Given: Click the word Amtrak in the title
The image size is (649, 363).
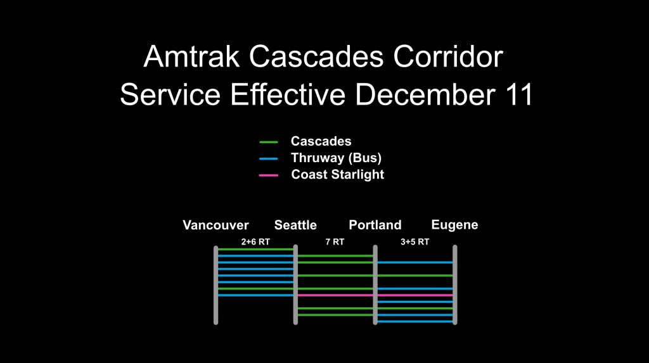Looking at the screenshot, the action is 191,56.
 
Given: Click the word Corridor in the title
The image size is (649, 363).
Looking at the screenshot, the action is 448,56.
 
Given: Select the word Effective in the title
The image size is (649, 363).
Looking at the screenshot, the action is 288,94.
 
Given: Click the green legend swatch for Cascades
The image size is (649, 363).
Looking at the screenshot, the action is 269,142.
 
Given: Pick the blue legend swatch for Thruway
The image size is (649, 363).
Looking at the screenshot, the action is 269,158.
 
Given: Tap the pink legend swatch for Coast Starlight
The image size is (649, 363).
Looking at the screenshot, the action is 269,175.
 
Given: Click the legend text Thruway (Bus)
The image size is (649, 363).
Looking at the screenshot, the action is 336,158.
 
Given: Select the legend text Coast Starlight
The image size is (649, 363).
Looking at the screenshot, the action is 338,175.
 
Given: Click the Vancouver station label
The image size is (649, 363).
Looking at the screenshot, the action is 215,225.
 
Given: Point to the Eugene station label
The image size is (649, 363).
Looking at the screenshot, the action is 454,225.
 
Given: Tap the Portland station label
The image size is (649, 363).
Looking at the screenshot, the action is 375,225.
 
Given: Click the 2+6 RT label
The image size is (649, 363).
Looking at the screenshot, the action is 255,242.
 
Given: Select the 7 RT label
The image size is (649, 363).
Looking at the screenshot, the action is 335,242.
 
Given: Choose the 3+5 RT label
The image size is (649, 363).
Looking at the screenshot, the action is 414,242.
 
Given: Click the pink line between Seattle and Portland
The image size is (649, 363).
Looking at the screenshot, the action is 335,295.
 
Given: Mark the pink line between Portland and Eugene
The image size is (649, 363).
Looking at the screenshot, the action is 415,295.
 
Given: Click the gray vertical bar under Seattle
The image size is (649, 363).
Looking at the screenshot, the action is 295,285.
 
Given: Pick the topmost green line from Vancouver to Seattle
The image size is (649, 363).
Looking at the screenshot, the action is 256,249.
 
